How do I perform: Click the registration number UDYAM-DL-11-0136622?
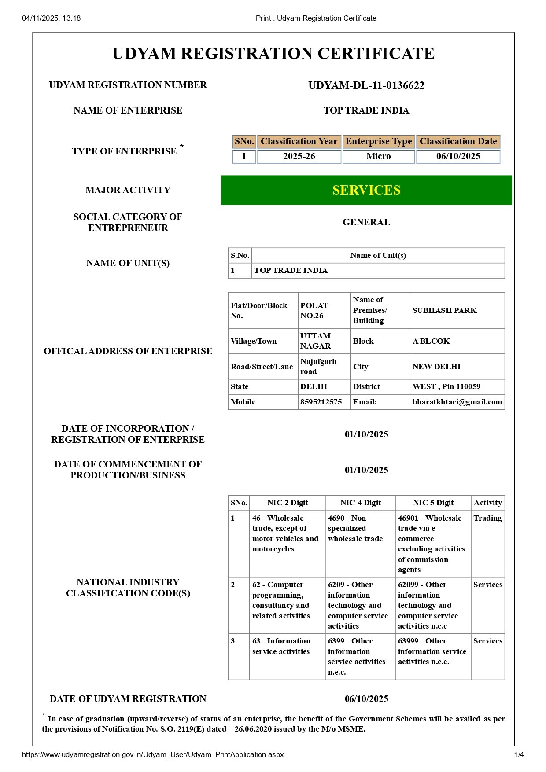pos(366,85)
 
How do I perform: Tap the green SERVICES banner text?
pos(366,190)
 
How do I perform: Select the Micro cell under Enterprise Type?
pos(378,156)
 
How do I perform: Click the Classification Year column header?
pos(299,141)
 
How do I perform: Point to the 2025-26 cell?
pos(299,156)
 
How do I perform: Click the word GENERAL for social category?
pos(366,222)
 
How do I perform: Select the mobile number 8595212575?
pos(321,402)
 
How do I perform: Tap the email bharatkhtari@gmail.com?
pos(457,402)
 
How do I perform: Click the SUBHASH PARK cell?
pos(444,310)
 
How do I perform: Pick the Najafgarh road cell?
pos(318,366)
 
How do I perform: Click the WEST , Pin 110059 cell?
pos(446,386)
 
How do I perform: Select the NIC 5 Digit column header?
pos(433,503)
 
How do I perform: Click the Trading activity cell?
pos(487,518)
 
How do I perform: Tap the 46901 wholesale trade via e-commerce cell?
pos(432,544)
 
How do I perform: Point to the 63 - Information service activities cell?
pos(281,646)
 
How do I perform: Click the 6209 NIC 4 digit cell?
pos(358,605)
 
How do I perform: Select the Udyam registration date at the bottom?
pos(366,699)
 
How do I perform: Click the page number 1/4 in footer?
pos(519,754)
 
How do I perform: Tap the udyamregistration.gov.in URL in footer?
pos(152,754)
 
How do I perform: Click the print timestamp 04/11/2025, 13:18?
pos(51,18)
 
